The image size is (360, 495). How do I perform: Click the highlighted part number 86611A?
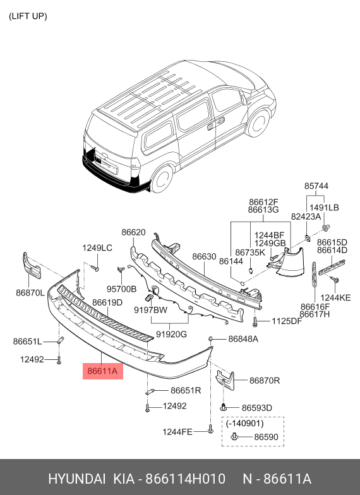coord(102,372)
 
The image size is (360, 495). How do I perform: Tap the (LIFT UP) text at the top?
coord(28,16)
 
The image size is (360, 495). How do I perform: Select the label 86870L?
coord(30,293)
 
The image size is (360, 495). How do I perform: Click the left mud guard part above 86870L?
coord(32,266)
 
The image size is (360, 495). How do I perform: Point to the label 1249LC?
coord(97,248)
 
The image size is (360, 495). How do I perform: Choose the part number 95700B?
coord(121,289)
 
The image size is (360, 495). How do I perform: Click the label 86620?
coord(133,232)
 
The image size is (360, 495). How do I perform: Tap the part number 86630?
coord(204,257)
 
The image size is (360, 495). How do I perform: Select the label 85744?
coord(316,186)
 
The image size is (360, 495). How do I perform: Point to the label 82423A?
coord(306,217)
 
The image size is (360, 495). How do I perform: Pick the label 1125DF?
coord(286,322)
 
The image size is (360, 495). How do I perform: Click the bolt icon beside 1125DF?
coord(255,323)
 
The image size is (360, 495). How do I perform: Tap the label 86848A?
coord(243,339)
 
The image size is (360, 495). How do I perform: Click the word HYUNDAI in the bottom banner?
coord(77,478)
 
